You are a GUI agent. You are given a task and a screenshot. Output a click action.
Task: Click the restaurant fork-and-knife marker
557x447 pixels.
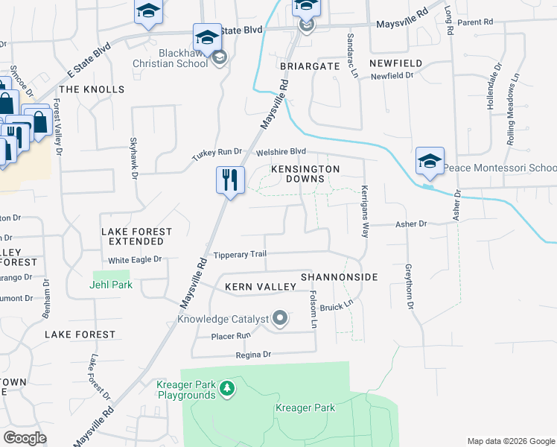coord(230,180)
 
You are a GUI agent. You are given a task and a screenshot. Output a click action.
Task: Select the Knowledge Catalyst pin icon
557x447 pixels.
coord(281,319)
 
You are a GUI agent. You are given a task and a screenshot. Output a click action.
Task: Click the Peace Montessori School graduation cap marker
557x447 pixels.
coord(430,161)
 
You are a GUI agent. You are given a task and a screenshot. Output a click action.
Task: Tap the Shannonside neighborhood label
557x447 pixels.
coord(339,277)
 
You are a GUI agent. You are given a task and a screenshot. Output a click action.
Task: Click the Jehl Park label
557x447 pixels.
coord(109,285)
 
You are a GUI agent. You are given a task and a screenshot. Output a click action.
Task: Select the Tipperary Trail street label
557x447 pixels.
coord(240,255)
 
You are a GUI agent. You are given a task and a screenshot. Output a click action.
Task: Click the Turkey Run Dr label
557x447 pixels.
coord(217,152)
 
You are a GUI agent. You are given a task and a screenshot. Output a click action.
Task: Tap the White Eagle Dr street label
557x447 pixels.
coord(135,259)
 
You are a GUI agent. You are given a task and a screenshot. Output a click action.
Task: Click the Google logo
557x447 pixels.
coord(25,438)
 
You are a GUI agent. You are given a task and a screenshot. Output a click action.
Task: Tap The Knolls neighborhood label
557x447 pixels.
coord(92,89)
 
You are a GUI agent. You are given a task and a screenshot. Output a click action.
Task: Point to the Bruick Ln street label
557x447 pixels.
coord(337,306)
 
